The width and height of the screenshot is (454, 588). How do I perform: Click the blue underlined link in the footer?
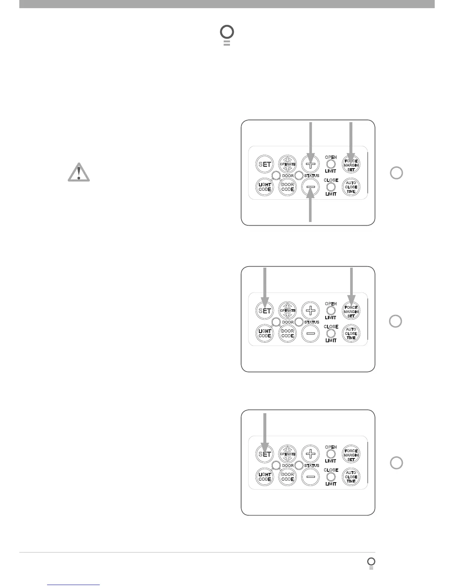[73, 585]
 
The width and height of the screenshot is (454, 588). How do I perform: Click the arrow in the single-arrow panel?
[265, 432]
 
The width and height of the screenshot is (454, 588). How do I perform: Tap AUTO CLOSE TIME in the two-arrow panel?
[351, 333]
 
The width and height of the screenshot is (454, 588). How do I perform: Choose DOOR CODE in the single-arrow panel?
[287, 477]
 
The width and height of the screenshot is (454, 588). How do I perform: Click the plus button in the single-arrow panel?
[310, 454]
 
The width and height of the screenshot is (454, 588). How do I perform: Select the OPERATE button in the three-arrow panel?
[287, 164]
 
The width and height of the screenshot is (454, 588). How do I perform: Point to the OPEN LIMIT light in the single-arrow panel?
[330, 454]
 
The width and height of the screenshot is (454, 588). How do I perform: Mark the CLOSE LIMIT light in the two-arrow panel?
[330, 333]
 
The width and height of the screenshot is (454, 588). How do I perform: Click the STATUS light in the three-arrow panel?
[299, 176]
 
